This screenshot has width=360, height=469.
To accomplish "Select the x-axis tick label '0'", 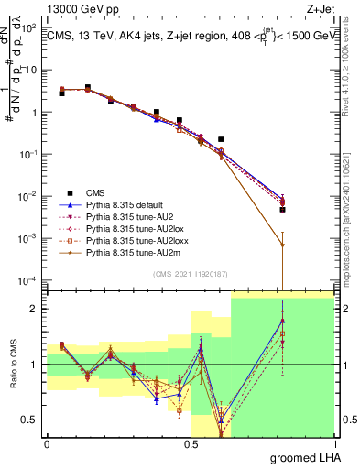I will pos(47,442).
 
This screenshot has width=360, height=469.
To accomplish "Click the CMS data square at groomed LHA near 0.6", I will pos(221,139).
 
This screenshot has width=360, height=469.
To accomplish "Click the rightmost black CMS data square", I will pos(282,210).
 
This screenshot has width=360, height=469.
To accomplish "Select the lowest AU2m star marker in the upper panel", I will pos(282,245).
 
